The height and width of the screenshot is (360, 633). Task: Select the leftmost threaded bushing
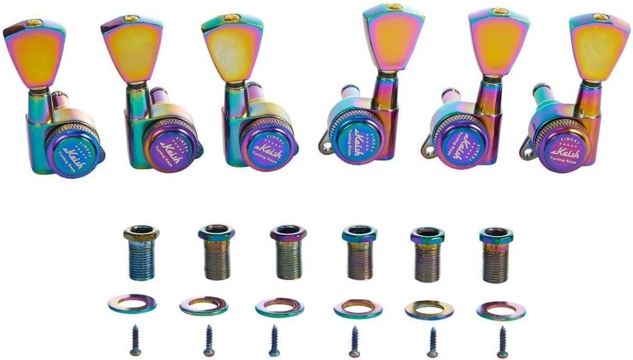(141, 252)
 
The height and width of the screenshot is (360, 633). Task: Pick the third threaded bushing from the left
(288, 252)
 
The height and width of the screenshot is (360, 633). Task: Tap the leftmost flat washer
(132, 304)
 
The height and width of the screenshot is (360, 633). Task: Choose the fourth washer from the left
(357, 308)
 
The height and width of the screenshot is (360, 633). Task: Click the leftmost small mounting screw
(135, 340)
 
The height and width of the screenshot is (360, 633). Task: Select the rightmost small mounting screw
(502, 342)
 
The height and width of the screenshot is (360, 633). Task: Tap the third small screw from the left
(274, 340)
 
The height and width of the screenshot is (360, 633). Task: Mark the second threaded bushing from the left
(216, 252)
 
